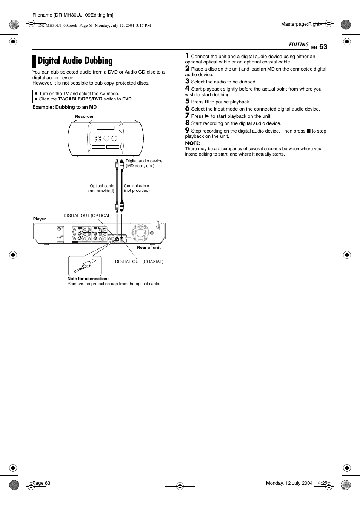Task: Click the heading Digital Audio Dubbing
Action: coord(75,61)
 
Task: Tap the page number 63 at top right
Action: coord(323,46)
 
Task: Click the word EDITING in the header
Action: coord(298,45)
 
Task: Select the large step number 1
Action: coord(187,56)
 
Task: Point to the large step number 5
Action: coord(187,101)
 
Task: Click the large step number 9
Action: coord(187,130)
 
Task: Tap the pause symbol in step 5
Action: coord(207,102)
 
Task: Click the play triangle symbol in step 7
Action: coord(207,116)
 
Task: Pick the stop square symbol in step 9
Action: coord(308,131)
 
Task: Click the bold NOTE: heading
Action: coord(192,143)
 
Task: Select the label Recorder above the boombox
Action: coord(84,116)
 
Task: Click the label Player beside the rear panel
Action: coord(39,219)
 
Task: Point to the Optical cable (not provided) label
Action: coord(102,188)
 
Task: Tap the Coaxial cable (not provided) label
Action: coord(136,188)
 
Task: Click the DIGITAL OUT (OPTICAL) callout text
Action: coord(88,216)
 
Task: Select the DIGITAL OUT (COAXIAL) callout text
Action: coord(139,262)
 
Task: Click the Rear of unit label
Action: coord(149,247)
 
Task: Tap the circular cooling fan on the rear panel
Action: coord(140,233)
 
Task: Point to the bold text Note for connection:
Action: coord(88,279)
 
